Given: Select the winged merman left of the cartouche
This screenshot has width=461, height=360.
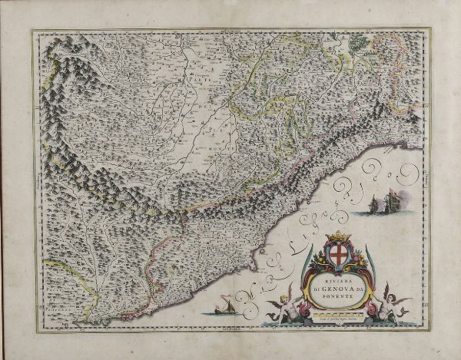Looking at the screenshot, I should pos(281,306).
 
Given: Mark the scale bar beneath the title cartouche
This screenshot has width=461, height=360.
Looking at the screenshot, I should pos(336,314).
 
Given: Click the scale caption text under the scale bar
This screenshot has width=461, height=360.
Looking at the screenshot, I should pos(336,319).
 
